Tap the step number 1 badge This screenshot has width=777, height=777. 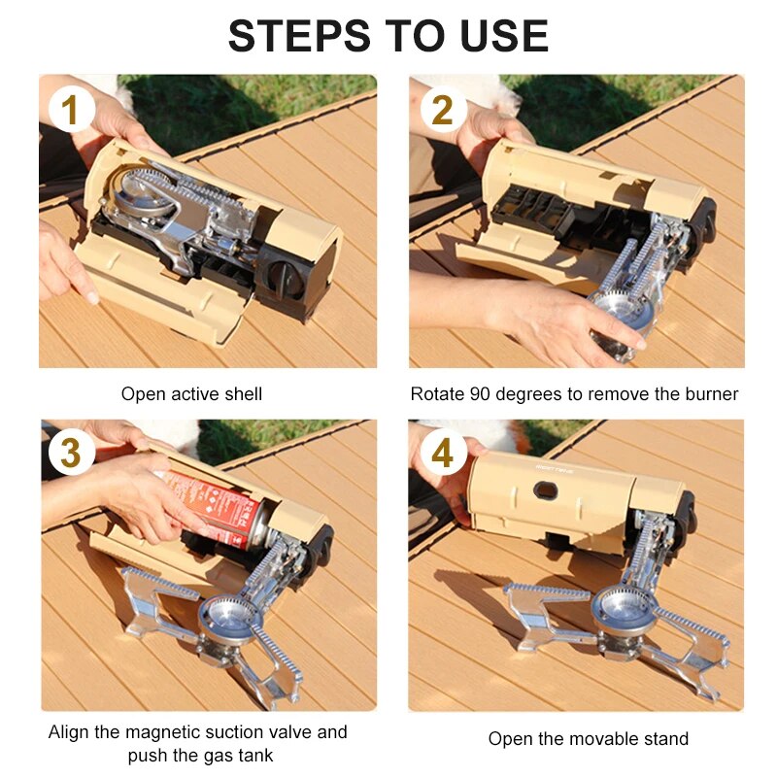click(70, 111)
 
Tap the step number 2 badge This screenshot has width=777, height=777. click(442, 111)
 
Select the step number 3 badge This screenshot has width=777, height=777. click(70, 454)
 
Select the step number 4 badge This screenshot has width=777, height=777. click(442, 454)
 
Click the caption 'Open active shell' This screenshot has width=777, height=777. click(191, 394)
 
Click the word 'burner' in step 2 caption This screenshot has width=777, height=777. click(712, 394)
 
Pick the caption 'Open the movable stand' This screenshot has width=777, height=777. click(588, 739)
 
